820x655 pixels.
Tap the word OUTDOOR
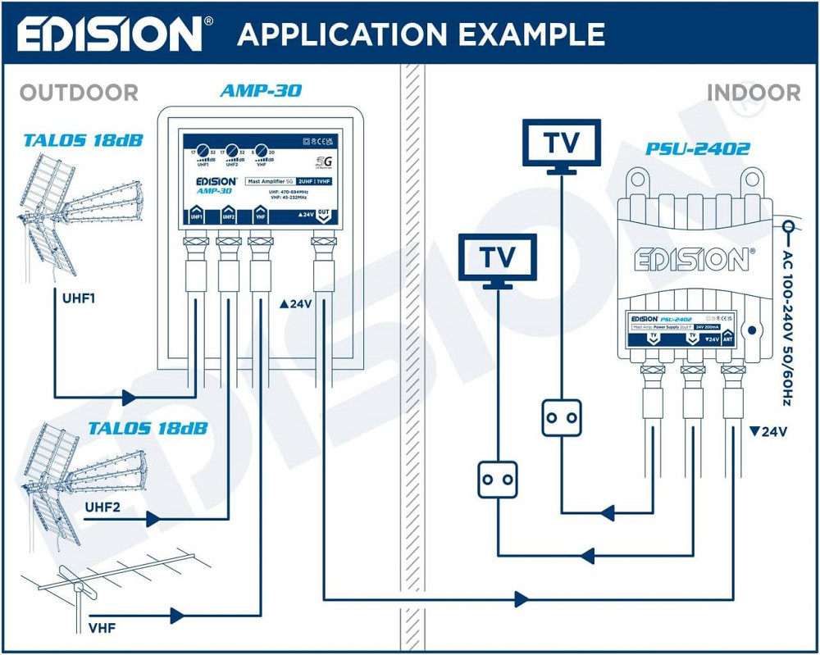(x=79, y=93)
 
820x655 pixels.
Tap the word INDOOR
(x=753, y=92)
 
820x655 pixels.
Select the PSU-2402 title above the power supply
(x=697, y=150)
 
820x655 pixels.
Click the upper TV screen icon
(x=563, y=143)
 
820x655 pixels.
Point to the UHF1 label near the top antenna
(x=79, y=298)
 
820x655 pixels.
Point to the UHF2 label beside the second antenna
(x=102, y=507)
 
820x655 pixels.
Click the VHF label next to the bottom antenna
(x=101, y=629)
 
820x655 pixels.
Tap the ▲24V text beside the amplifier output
(x=296, y=304)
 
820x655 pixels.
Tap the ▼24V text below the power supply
(x=768, y=431)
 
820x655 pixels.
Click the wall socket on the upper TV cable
(x=562, y=417)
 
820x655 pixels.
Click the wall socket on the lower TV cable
(x=498, y=478)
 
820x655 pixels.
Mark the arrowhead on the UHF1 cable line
(x=129, y=398)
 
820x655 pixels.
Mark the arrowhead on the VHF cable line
(x=177, y=615)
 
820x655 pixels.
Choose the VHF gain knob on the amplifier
(x=262, y=151)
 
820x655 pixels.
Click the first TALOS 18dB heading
(x=83, y=140)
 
